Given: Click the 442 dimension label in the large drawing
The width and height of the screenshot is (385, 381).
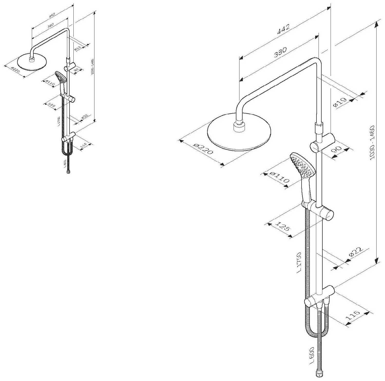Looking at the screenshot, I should tap(283, 29).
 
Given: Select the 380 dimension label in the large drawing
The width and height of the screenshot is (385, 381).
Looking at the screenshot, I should tap(280, 52).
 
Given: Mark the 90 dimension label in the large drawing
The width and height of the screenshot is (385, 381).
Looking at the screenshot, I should tap(336, 150).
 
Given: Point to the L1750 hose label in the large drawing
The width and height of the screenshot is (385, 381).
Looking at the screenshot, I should tap(299, 262).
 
